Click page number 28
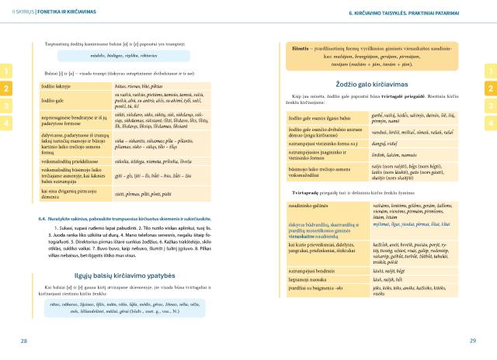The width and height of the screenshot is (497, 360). pyautogui.click(x=24, y=341)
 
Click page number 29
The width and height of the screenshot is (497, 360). pyautogui.click(x=473, y=341)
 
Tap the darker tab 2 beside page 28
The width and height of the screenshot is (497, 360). pyautogui.click(x=5, y=89)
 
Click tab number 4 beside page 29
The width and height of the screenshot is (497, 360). pyautogui.click(x=491, y=123)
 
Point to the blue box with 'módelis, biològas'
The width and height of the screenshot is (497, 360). pyautogui.click(x=118, y=57)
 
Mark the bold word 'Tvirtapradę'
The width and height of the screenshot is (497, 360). pyautogui.click(x=286, y=191)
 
